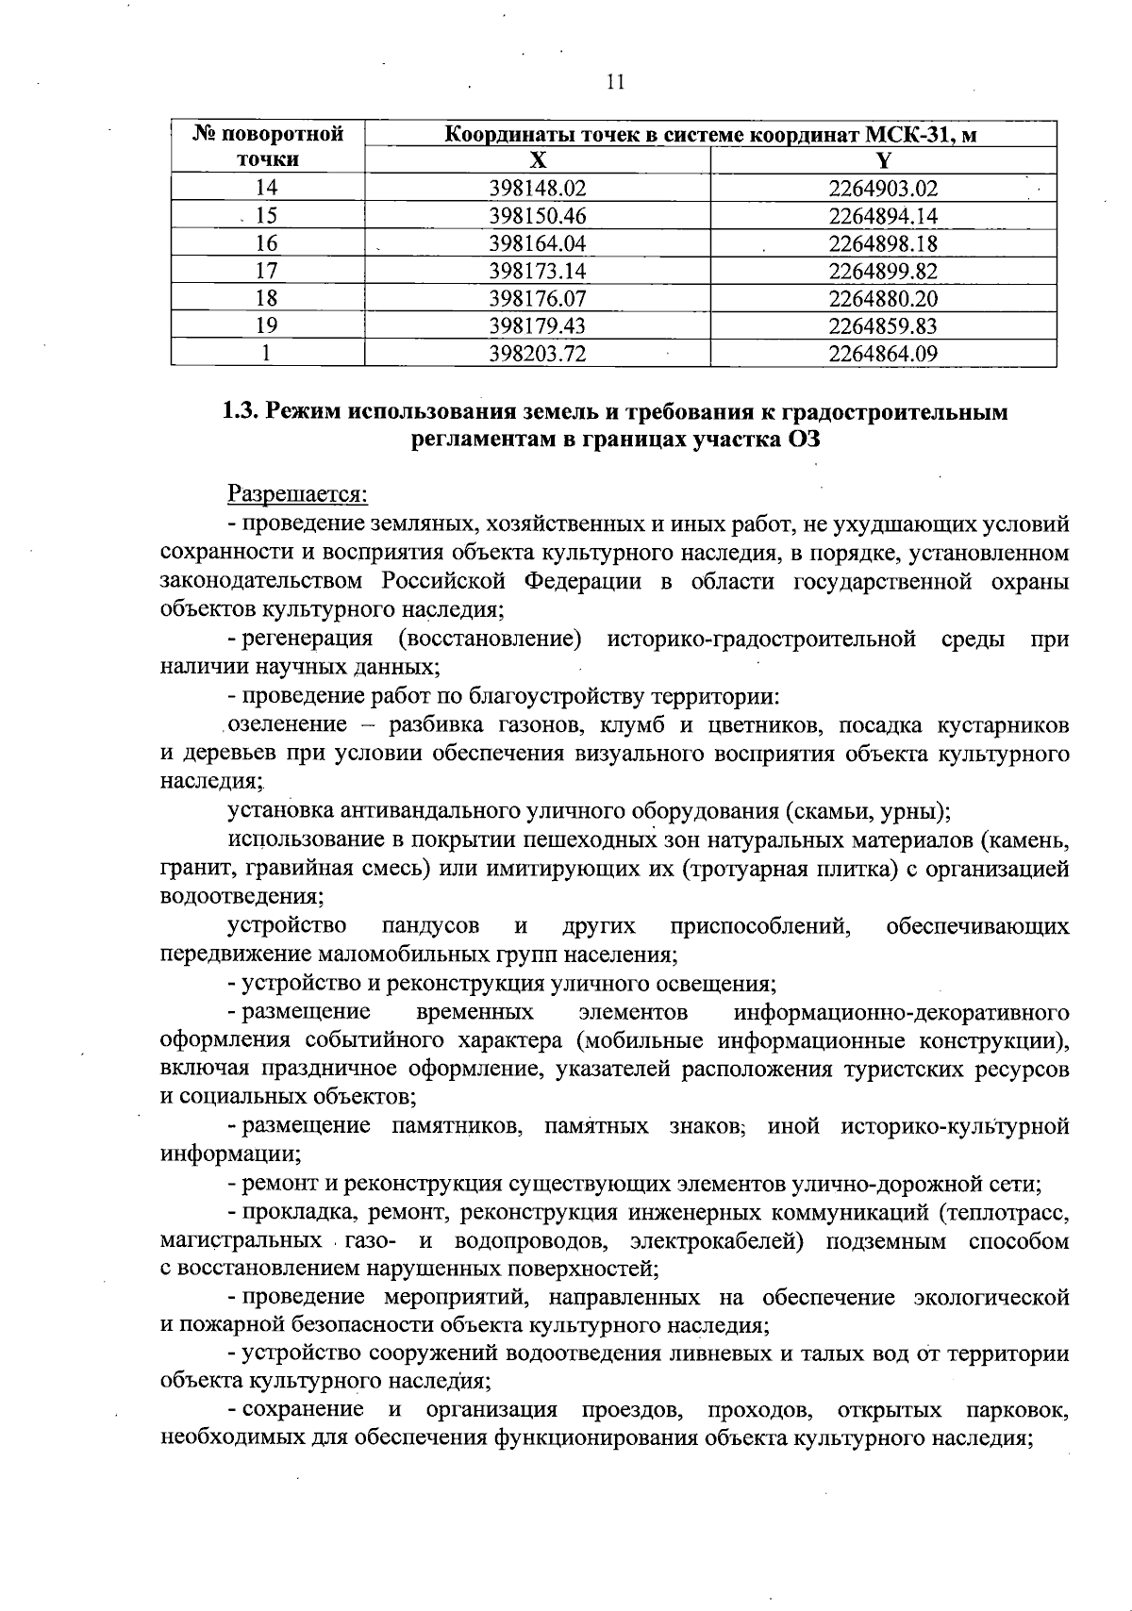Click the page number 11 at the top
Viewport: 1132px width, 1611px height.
[x=614, y=82]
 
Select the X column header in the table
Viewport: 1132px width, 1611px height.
[x=536, y=159]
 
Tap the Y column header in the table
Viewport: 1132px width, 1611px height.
[x=883, y=159]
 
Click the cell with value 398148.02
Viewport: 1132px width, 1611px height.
[x=538, y=188]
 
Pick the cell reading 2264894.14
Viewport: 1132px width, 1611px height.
[x=883, y=216]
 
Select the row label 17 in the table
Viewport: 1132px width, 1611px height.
[x=267, y=272]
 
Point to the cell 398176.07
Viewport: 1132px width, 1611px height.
[x=538, y=299]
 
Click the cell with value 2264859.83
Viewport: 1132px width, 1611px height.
[x=883, y=326]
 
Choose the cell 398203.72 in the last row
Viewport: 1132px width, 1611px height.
[x=538, y=355]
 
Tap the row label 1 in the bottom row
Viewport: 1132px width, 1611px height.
[x=267, y=355]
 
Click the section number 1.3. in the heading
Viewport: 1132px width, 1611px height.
[x=241, y=412]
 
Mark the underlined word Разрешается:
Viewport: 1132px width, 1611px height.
[x=297, y=493]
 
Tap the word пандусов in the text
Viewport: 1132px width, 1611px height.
[x=430, y=926]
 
